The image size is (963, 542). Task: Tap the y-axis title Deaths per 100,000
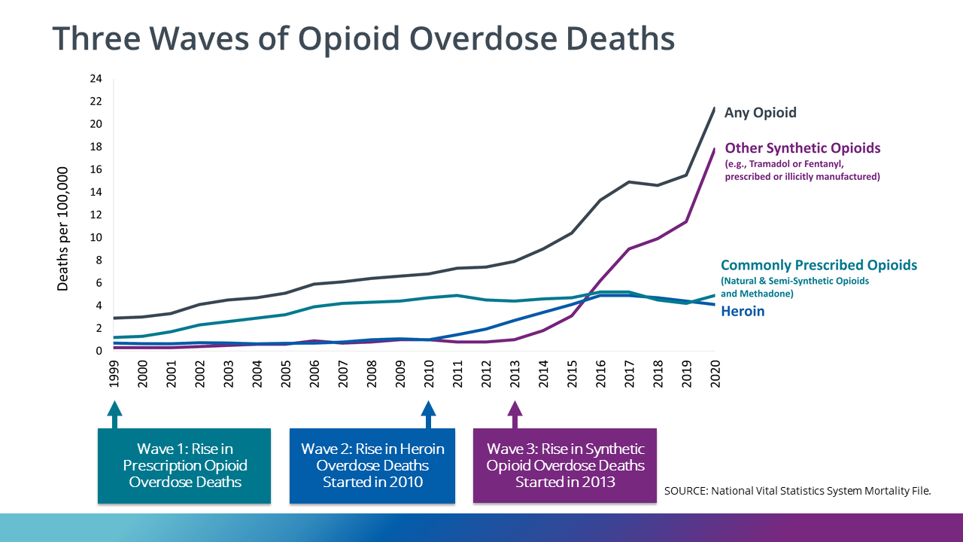(63, 229)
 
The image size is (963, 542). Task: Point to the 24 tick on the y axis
(96, 79)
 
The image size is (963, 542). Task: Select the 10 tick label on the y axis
(96, 238)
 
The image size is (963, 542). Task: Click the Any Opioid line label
(760, 113)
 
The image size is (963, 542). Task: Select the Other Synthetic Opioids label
(802, 148)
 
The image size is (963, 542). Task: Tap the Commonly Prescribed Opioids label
(819, 265)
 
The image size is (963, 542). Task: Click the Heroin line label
(743, 311)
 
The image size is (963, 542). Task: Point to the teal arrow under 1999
(114, 413)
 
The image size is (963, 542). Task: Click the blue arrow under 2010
(428, 413)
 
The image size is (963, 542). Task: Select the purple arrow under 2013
(515, 413)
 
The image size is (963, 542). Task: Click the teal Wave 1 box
(184, 465)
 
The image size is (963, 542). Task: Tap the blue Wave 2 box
(372, 465)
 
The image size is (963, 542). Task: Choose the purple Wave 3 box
(564, 465)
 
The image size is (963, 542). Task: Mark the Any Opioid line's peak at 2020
(714, 108)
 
